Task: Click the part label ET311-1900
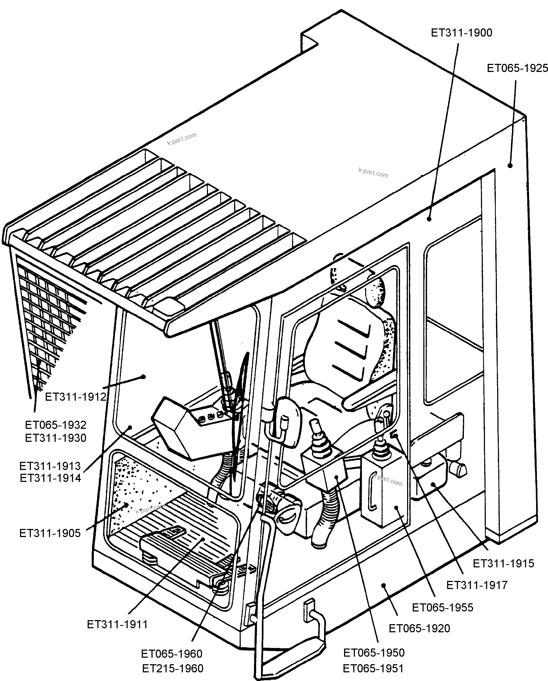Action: (x=461, y=33)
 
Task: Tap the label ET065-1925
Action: (x=517, y=68)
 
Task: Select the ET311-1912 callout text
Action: (x=75, y=397)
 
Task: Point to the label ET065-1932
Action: (x=56, y=425)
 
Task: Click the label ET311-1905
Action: (x=50, y=533)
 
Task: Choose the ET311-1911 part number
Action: (x=117, y=624)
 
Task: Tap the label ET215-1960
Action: (x=173, y=668)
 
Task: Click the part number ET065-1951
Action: (x=373, y=668)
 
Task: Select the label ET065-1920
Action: (x=419, y=629)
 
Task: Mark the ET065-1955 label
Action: (x=443, y=607)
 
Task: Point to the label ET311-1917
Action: (x=477, y=585)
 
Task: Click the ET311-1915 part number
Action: (x=503, y=563)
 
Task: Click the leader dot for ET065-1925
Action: (x=510, y=165)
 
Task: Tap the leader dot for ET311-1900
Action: (x=429, y=219)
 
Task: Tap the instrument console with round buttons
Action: (x=190, y=430)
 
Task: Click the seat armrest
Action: (x=369, y=395)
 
